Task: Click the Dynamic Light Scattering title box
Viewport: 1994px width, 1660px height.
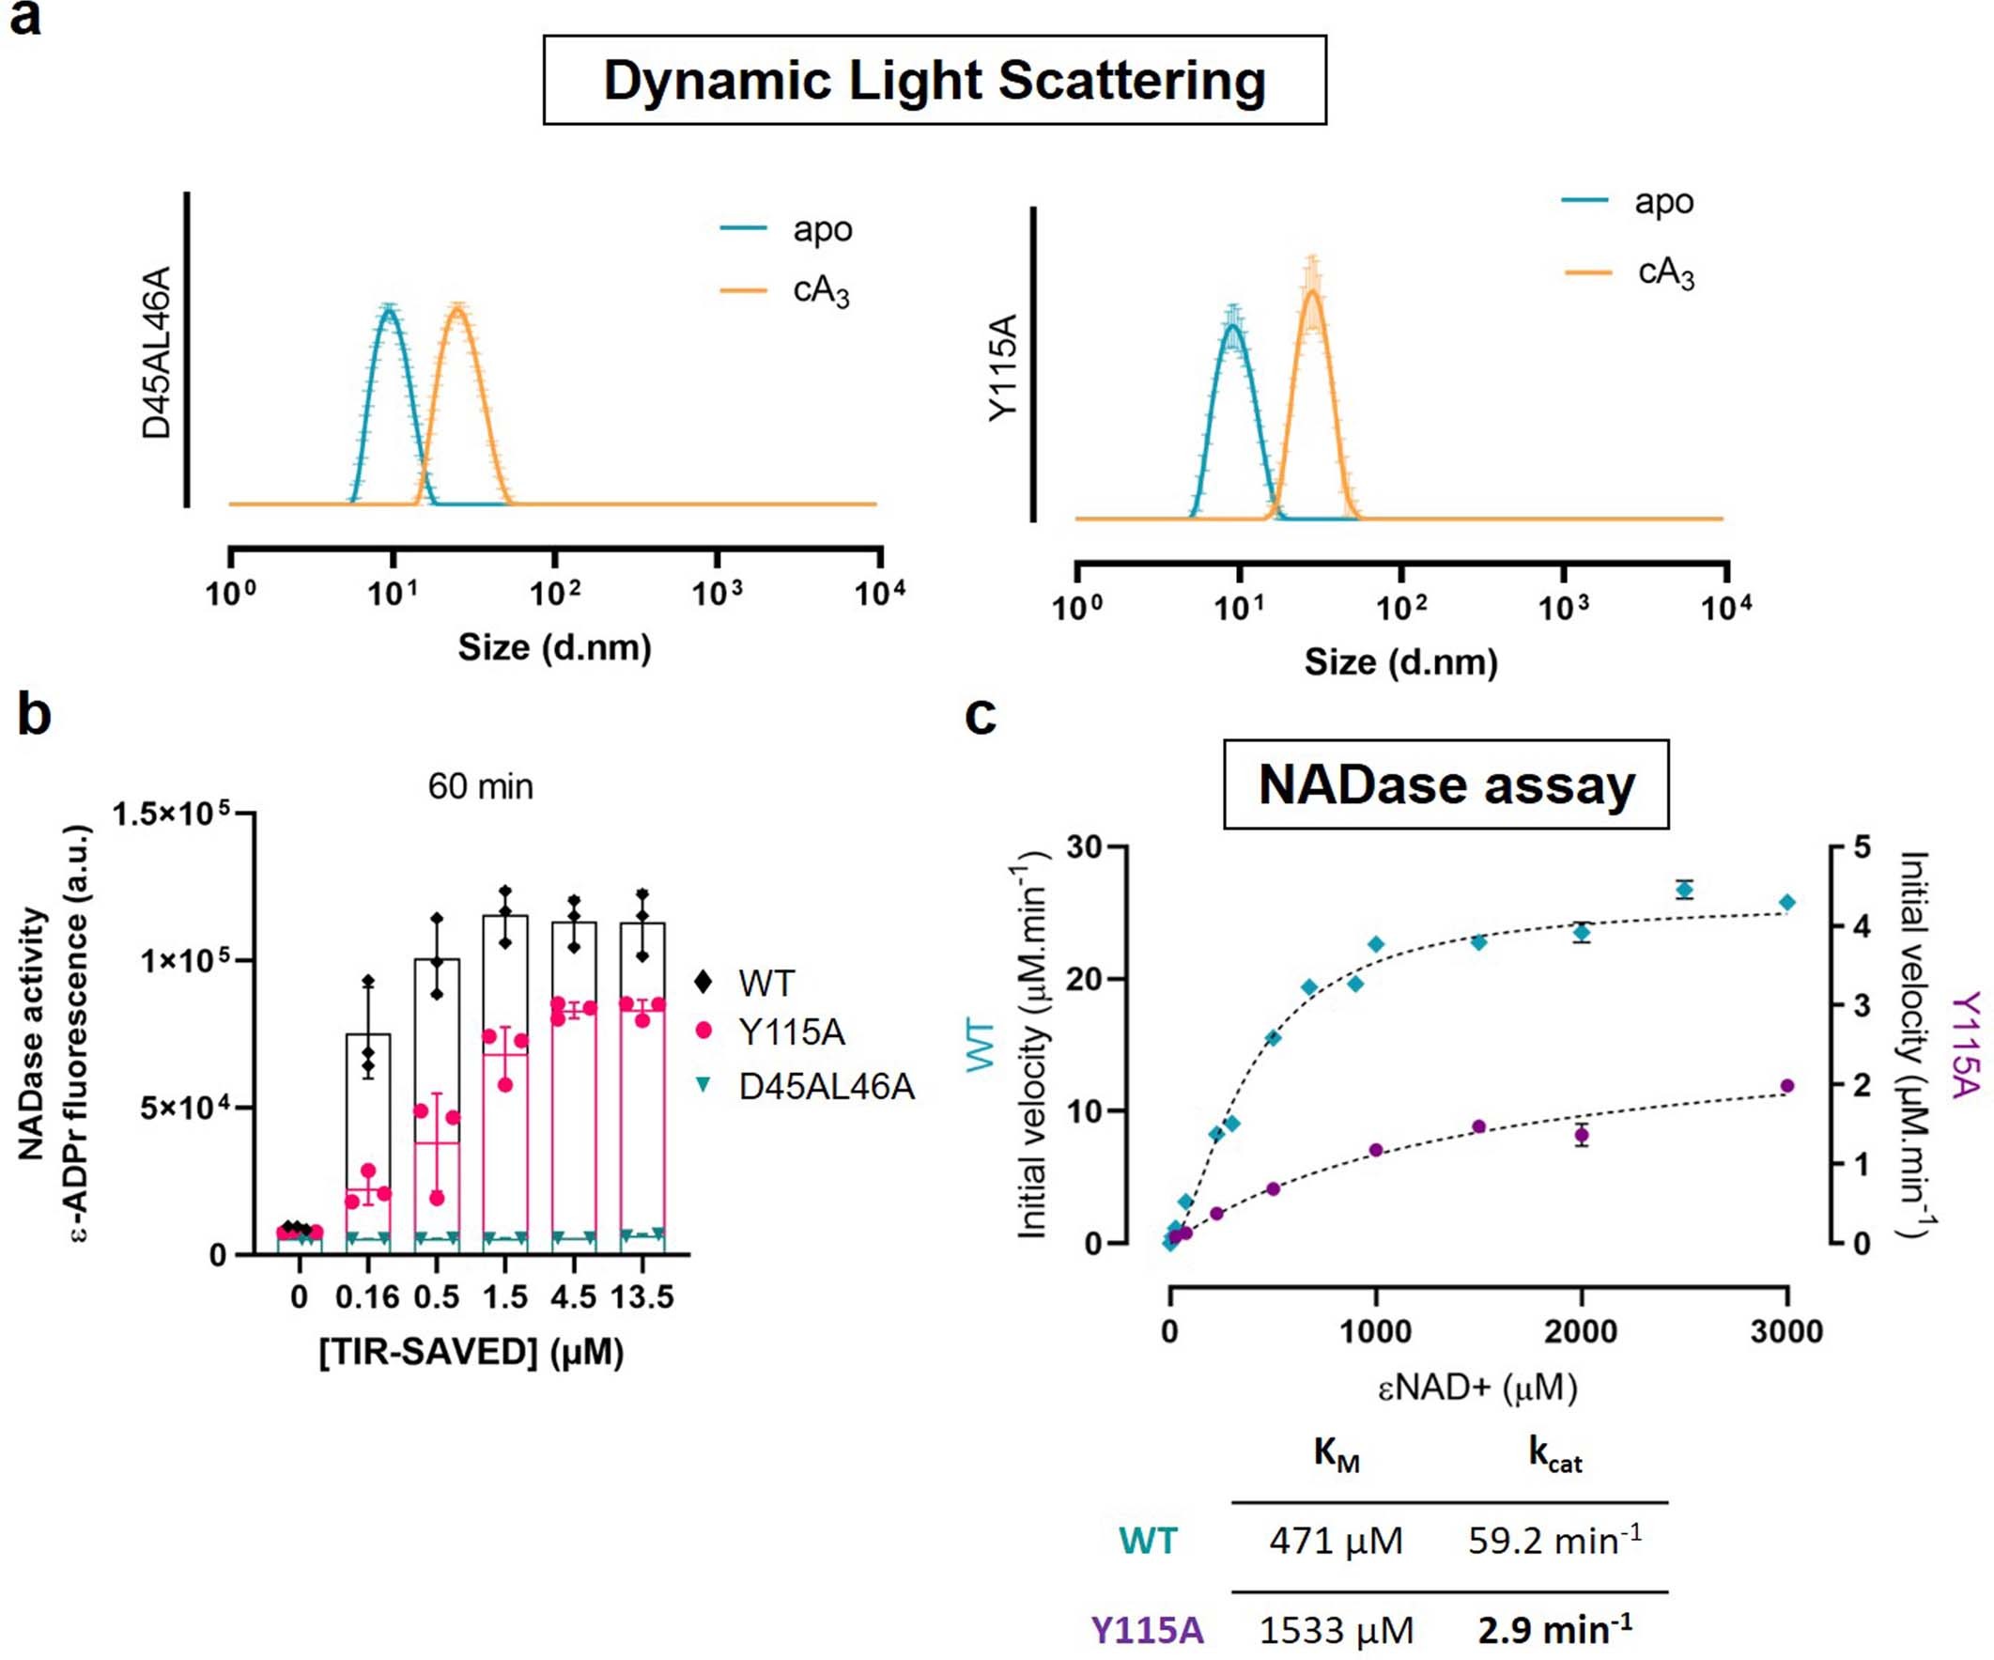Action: point(935,81)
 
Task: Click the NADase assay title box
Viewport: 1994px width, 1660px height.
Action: point(1445,785)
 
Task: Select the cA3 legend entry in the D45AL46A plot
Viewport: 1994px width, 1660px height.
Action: point(820,290)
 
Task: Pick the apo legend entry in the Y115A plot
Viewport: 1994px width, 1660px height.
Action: point(1662,202)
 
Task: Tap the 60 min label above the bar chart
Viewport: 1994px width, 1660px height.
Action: point(481,787)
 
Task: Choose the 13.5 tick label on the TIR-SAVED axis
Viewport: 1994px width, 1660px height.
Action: point(641,1297)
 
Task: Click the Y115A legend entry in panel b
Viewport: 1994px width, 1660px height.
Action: point(791,1032)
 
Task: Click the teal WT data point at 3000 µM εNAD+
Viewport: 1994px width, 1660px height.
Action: point(1787,902)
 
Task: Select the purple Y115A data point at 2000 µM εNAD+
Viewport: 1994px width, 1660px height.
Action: point(1582,1135)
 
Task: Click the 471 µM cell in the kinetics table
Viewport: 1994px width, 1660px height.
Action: point(1335,1541)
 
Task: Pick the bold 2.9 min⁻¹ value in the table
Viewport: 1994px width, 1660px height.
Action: point(1554,1630)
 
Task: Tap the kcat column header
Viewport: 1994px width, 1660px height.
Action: point(1554,1454)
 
